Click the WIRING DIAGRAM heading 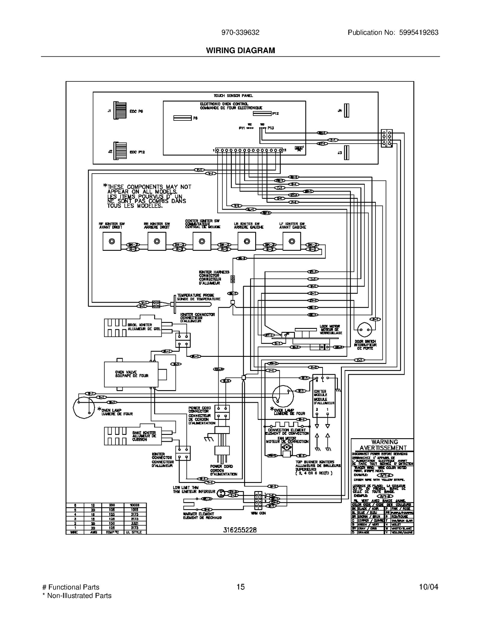point(240,50)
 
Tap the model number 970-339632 point(240,32)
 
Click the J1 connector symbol point(120,111)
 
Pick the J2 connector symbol point(120,152)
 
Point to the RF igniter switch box point(112,241)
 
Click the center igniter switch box point(202,241)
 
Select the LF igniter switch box point(292,241)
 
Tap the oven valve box point(131,374)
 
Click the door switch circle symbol point(364,330)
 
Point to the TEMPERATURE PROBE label point(196,295)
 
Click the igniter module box point(324,396)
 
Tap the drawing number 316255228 point(240,530)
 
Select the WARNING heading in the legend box point(384,442)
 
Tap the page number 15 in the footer point(240,587)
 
